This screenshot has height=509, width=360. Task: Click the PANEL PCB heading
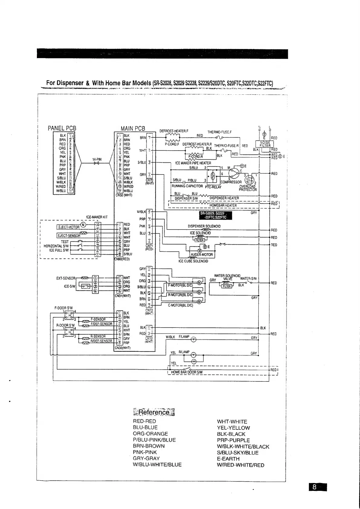coord(62,128)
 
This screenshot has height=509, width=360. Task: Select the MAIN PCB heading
coord(133,128)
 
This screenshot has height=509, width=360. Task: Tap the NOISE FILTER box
coord(264,144)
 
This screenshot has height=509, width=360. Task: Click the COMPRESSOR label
coord(231,182)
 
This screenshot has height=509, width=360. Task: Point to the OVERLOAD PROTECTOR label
coord(248,188)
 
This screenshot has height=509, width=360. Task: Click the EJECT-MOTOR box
coord(69,227)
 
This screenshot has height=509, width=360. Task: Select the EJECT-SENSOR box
coord(69,236)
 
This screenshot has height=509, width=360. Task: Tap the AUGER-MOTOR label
coord(202,255)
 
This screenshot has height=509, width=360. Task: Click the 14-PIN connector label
coord(97,159)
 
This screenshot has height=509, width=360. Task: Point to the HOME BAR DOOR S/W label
coord(187,372)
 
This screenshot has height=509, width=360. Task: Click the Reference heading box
coord(154,412)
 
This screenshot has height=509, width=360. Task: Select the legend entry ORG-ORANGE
coord(150,434)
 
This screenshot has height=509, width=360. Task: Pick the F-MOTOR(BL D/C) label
coord(180,285)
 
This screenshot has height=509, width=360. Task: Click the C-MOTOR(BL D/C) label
coord(180,305)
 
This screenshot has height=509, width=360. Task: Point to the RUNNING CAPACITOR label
coord(187,186)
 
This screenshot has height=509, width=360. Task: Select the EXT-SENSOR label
coord(66,278)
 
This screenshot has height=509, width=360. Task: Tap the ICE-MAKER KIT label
coord(97,217)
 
